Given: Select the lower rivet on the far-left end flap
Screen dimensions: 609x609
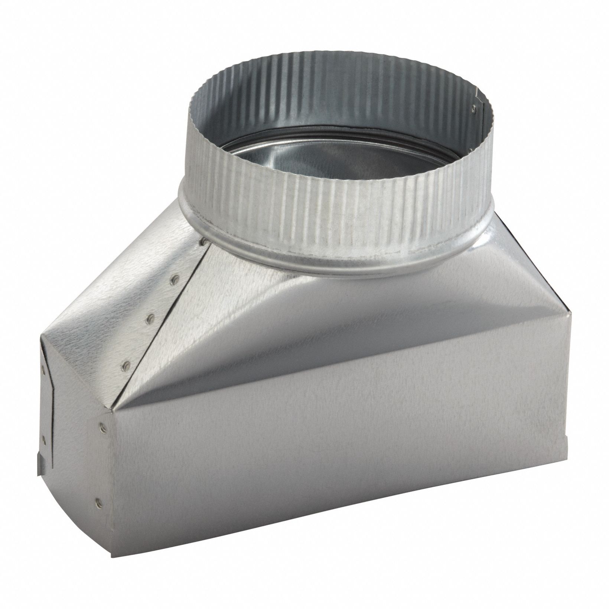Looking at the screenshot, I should [x=44, y=438].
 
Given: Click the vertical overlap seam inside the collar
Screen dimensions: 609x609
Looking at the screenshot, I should [x=477, y=111].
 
